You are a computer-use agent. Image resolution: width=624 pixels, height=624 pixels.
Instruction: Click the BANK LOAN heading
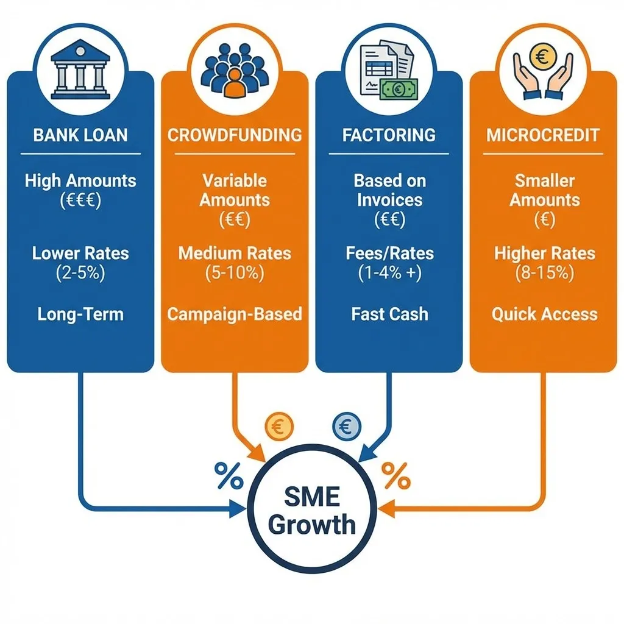coord(80,135)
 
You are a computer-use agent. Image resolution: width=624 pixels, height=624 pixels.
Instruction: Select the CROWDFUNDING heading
coord(235,135)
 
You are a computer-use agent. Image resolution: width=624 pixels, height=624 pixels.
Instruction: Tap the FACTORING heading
coord(389,135)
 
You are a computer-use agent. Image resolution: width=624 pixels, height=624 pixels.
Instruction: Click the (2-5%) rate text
coord(80,273)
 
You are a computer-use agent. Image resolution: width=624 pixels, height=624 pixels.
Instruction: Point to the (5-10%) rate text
coord(235,273)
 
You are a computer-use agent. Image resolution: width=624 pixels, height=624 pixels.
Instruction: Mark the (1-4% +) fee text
coord(389,273)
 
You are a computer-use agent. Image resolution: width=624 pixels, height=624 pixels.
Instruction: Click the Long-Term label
coord(80,314)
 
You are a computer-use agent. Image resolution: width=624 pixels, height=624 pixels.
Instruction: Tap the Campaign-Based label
coord(235,314)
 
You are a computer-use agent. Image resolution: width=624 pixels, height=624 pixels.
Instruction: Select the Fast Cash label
coord(389,314)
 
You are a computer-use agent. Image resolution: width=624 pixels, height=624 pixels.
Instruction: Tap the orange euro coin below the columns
coord(279,427)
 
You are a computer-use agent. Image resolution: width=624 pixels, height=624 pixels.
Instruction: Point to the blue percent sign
coord(229,476)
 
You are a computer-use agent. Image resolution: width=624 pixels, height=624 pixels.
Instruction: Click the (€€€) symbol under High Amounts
coord(80,201)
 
